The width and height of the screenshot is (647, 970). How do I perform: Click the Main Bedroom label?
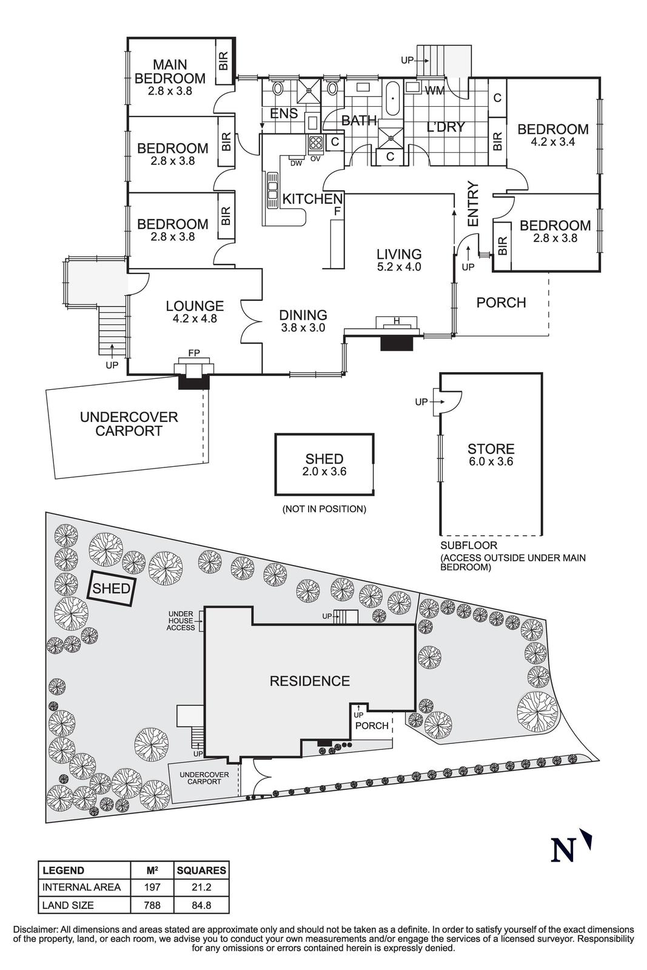click(170, 72)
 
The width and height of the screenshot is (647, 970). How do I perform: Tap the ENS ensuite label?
click(284, 113)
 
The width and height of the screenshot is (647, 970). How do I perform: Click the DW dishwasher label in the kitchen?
click(296, 163)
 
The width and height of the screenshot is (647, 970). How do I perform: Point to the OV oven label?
click(315, 158)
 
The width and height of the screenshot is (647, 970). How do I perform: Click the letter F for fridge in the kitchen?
click(337, 212)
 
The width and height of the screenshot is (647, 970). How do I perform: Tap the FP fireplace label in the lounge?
click(194, 352)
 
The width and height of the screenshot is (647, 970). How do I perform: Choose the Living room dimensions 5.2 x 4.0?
click(398, 267)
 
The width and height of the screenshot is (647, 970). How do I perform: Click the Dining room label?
click(303, 315)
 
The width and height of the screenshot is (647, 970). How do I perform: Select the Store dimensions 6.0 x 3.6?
click(491, 461)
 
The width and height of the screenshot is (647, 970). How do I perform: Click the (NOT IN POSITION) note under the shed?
click(324, 509)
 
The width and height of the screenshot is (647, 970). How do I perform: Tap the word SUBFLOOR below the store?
click(469, 546)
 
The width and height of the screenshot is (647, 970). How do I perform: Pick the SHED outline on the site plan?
click(112, 588)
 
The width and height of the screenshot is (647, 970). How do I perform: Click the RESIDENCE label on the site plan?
click(310, 681)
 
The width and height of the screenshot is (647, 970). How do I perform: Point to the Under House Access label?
click(181, 621)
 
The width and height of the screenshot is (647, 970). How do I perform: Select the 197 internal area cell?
click(152, 888)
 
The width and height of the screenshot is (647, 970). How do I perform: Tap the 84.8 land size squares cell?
click(201, 905)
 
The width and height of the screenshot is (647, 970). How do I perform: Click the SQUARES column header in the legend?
click(201, 871)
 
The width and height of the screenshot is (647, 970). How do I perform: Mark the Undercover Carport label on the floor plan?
click(129, 424)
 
